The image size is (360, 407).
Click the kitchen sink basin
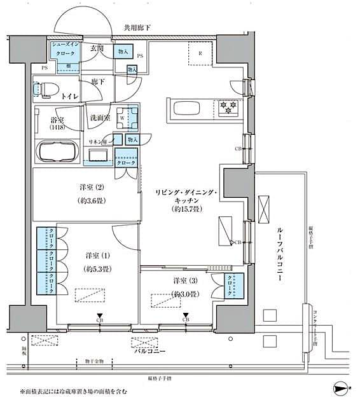point(186,106)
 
